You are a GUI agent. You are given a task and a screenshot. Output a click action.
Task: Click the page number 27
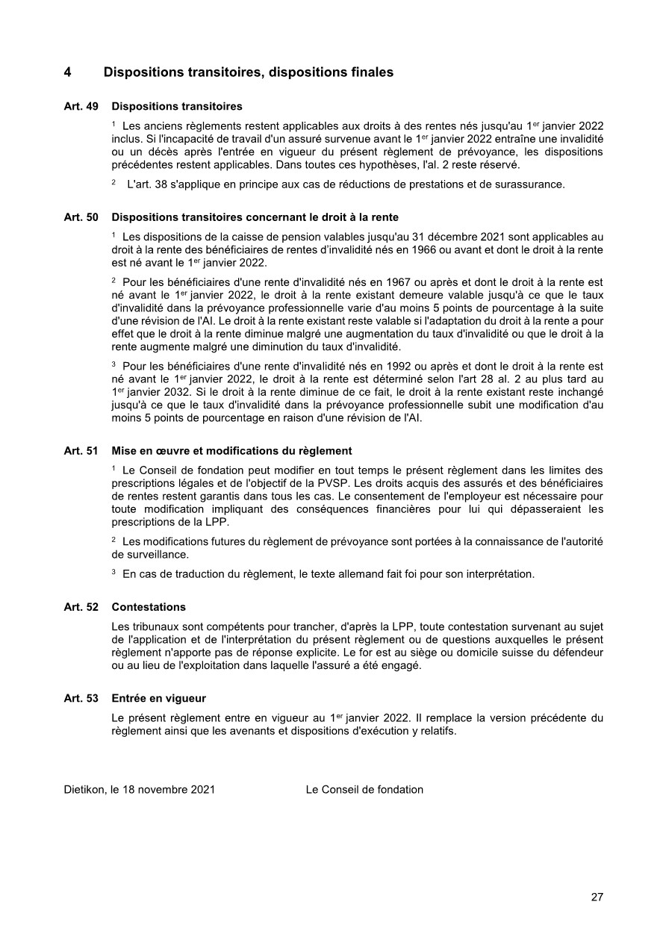597,897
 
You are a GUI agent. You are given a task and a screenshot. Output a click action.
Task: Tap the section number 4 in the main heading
67,72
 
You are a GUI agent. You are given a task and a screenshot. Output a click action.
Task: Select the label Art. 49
81,107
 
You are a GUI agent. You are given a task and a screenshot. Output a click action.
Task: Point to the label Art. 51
81,451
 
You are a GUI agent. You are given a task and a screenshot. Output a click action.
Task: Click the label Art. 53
81,698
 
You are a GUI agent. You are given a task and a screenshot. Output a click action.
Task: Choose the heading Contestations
149,607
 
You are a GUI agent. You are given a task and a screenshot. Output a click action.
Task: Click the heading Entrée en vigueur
158,698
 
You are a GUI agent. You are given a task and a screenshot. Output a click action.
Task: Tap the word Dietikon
85,789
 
